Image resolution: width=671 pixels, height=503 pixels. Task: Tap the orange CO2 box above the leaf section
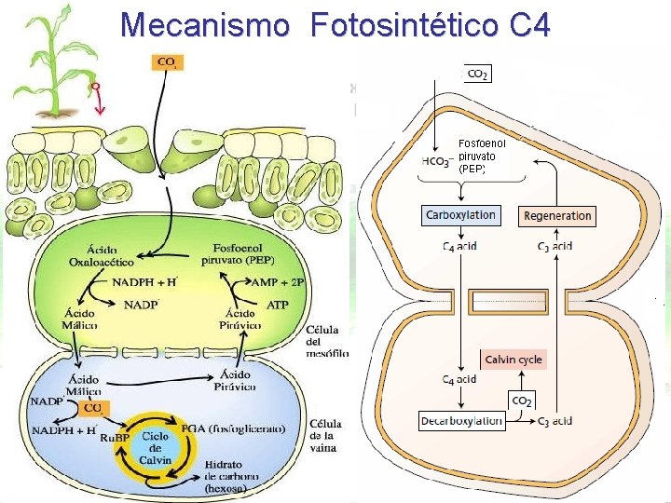(x=169, y=63)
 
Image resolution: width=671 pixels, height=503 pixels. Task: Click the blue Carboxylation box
(x=460, y=215)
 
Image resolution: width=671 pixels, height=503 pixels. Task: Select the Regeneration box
(x=557, y=216)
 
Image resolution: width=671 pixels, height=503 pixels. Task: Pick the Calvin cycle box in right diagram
(x=513, y=360)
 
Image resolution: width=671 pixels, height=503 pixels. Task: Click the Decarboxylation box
(x=461, y=421)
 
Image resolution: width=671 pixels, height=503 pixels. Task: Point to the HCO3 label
(x=437, y=161)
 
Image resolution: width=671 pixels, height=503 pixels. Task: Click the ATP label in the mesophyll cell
(x=277, y=305)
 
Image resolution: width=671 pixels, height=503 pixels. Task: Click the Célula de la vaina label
(x=326, y=436)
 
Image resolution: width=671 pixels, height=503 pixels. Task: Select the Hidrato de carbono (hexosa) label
(x=239, y=476)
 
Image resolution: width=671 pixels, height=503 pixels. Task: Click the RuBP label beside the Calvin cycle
(x=114, y=438)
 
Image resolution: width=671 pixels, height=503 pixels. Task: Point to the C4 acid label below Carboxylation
(x=459, y=246)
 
